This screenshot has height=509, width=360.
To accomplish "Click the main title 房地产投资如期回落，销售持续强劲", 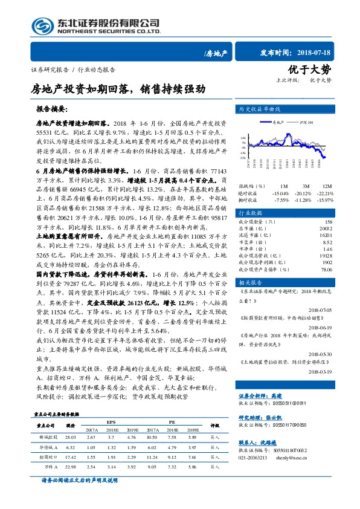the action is click(118, 89).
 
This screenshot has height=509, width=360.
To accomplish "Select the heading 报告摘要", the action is click(53, 111).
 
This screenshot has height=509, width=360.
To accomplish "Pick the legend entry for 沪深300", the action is click(306, 122).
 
